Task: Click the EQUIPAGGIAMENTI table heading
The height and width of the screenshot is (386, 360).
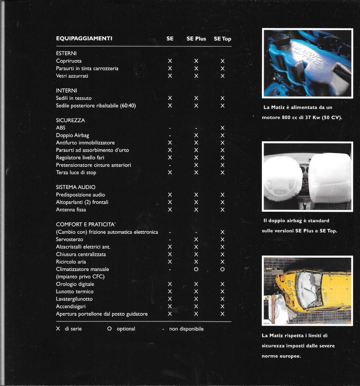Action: [x=84, y=39]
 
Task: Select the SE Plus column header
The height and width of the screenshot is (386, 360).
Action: [x=196, y=39]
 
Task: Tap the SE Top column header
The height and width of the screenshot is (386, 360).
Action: [x=222, y=39]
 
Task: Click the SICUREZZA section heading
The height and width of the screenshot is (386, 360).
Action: [x=70, y=120]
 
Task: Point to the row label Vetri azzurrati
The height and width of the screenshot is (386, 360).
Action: [x=72, y=76]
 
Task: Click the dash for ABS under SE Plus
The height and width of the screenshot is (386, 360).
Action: [x=196, y=128]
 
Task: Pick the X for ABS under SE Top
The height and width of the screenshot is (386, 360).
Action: [x=222, y=128]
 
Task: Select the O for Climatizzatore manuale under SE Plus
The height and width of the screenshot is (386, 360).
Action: [x=196, y=269]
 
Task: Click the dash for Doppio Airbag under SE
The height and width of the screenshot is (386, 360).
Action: [x=170, y=136]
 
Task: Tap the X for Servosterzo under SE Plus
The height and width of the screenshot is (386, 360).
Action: [x=196, y=240]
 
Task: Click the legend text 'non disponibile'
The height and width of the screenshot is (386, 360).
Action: [x=186, y=329]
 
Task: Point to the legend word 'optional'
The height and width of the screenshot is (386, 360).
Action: [x=126, y=329]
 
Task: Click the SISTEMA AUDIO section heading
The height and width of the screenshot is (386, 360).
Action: [x=76, y=187]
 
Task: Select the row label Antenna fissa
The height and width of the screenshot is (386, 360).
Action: [x=71, y=210]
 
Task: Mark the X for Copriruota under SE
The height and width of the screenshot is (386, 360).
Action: [x=170, y=61]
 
